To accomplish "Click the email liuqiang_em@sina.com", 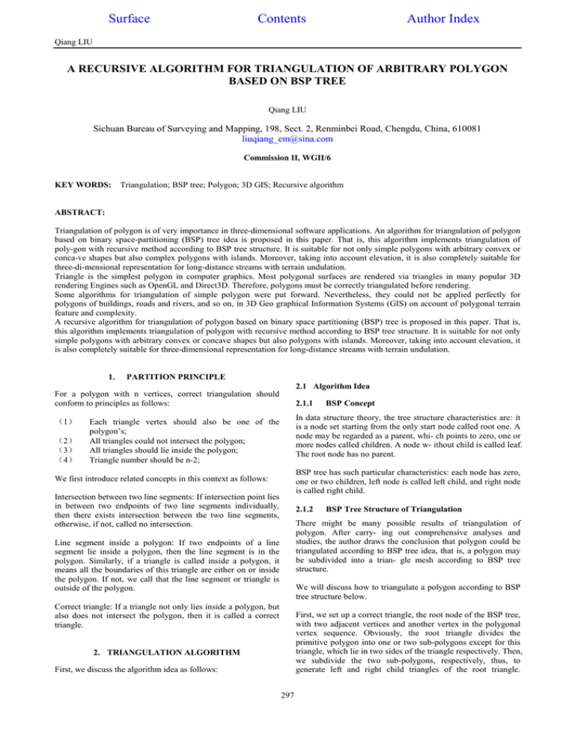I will tap(287, 138).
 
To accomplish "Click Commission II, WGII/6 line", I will tap(287, 159).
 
